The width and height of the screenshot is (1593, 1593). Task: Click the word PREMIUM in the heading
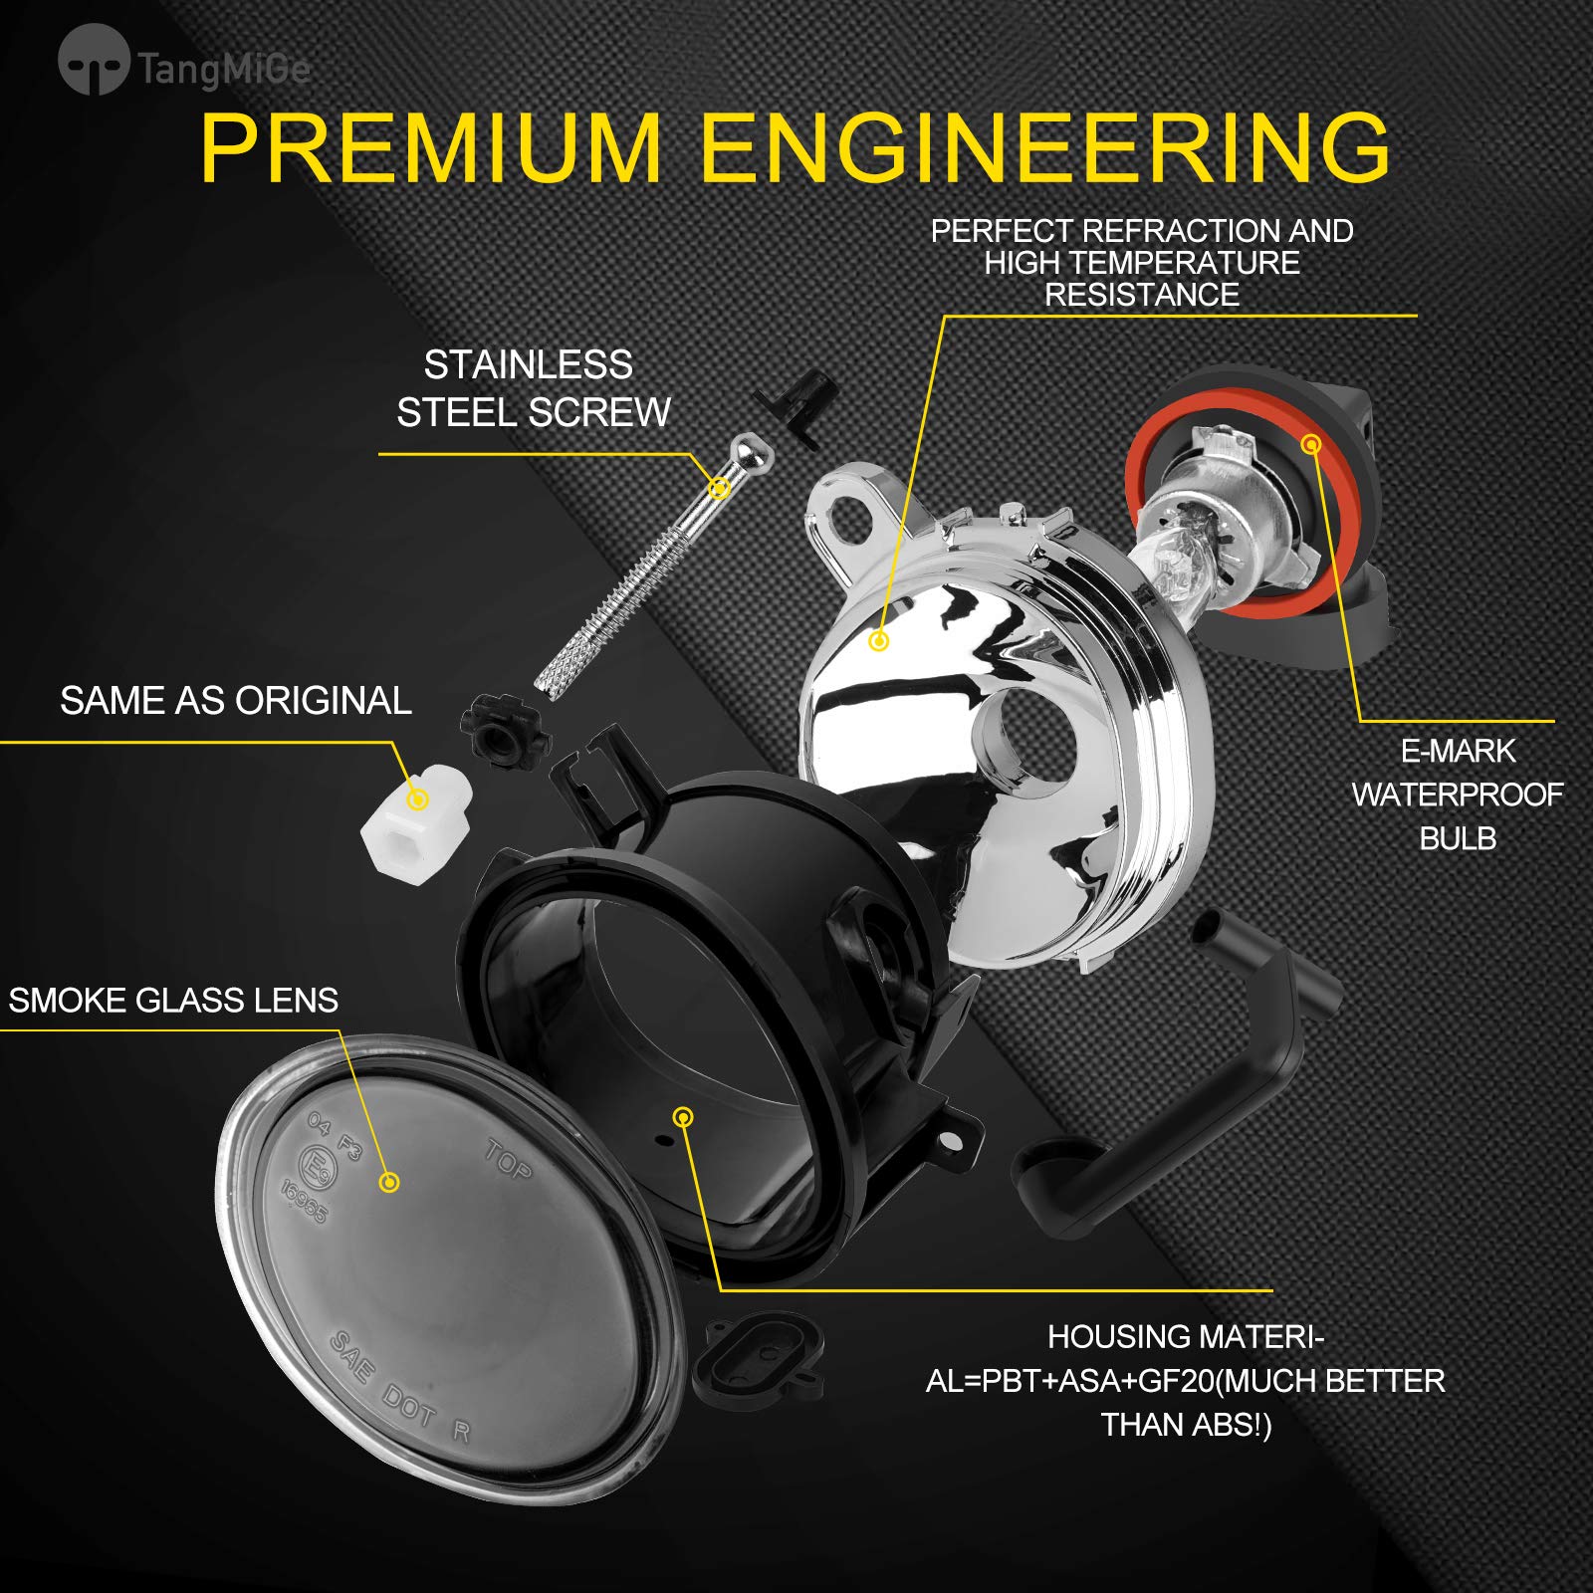(431, 148)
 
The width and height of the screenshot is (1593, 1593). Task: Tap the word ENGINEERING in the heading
(1045, 148)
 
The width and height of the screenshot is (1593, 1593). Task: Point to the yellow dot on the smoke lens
(389, 1182)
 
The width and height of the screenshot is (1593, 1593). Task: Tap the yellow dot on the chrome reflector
(878, 641)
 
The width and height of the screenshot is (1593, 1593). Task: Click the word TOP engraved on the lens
(509, 1159)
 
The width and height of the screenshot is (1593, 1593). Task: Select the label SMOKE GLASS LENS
(173, 1000)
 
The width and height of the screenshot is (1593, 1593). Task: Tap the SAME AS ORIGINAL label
(235, 700)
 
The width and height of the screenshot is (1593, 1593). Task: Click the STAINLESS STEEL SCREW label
(533, 388)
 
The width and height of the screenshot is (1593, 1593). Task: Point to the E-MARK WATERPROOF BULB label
(1458, 795)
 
